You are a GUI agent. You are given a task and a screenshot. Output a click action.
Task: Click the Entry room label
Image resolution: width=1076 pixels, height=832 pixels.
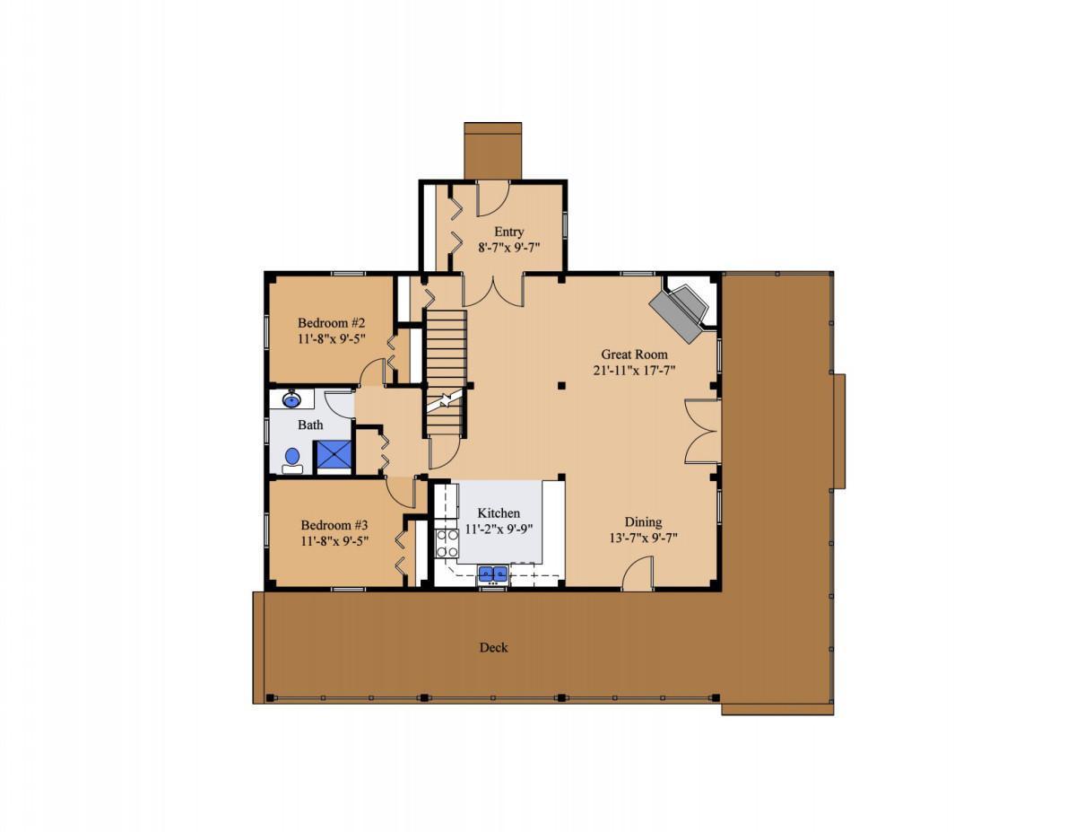pos(508,232)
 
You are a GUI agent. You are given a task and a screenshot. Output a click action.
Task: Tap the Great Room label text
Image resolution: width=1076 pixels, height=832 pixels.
pos(634,355)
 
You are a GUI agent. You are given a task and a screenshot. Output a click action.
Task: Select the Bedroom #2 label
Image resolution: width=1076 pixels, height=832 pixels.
pos(331,323)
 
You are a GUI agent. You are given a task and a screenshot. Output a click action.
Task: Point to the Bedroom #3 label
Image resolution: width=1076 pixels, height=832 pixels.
pos(334,525)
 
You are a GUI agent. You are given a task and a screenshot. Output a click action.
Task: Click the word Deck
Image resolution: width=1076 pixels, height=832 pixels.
pos(494,647)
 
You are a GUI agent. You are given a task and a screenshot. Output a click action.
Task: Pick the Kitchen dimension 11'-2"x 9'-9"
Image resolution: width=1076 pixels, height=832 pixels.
pos(499,530)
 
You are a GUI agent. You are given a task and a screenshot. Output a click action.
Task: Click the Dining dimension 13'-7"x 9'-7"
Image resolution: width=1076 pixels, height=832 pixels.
pos(643,538)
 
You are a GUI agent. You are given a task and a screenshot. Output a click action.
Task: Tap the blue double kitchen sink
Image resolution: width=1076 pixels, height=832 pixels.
pos(492,574)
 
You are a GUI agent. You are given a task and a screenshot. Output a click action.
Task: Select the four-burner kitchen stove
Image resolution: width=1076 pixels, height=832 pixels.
pos(447,543)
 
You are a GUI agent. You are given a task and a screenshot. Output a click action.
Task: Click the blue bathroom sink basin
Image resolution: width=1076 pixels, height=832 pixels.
pos(291,398)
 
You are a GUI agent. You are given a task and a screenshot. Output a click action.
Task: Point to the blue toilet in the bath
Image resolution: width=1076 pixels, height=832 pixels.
pos(292,460)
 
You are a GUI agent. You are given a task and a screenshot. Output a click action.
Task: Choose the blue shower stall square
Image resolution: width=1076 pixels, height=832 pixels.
pos(334,454)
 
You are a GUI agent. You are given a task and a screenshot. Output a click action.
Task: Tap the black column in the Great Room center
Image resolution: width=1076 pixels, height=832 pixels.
pos(561,385)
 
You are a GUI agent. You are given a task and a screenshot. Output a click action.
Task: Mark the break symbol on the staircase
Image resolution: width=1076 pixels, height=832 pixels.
pos(445,400)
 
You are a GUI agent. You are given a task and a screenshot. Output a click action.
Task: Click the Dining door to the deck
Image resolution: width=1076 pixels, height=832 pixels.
pos(638,574)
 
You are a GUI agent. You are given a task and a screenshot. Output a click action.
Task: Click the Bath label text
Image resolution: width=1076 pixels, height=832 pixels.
pos(310,425)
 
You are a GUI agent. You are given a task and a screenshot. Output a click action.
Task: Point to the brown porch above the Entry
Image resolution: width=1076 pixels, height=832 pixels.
pos(492,151)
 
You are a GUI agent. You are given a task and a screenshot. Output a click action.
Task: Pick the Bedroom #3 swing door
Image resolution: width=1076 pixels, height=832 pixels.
pos(402,493)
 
